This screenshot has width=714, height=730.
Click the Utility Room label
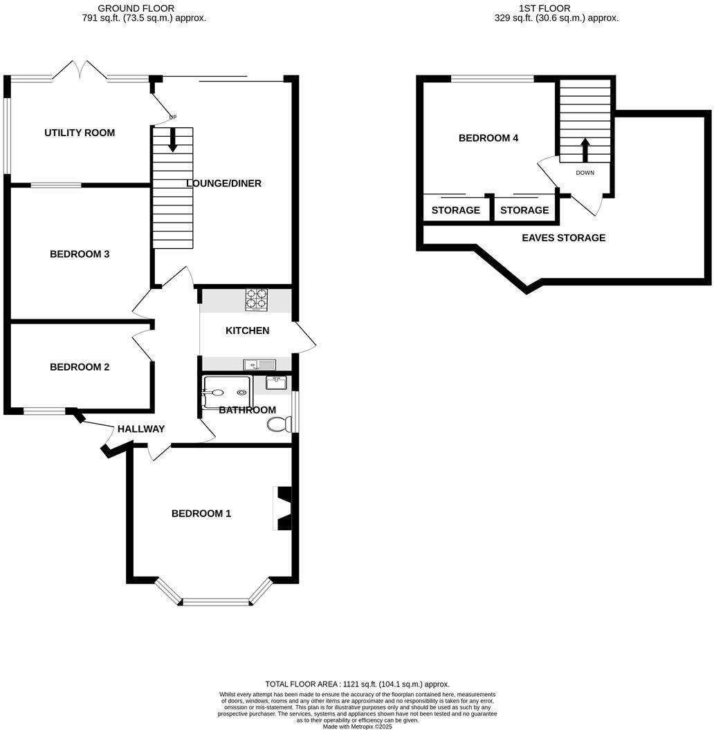80,133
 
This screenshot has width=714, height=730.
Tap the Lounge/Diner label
223,183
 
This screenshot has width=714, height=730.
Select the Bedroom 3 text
80,254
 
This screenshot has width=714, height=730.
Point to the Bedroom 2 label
80,367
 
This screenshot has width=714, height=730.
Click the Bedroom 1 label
201,514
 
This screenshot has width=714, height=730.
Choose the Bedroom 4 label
488,138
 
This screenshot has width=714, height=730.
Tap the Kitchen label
247,330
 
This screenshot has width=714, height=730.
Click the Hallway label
141,429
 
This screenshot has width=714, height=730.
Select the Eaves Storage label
563,238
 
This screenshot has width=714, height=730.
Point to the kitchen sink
259,364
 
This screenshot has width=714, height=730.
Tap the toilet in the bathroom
278,424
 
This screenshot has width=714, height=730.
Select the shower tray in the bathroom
226,392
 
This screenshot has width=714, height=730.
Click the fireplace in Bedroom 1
284,509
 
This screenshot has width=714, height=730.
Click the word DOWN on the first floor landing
585,173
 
